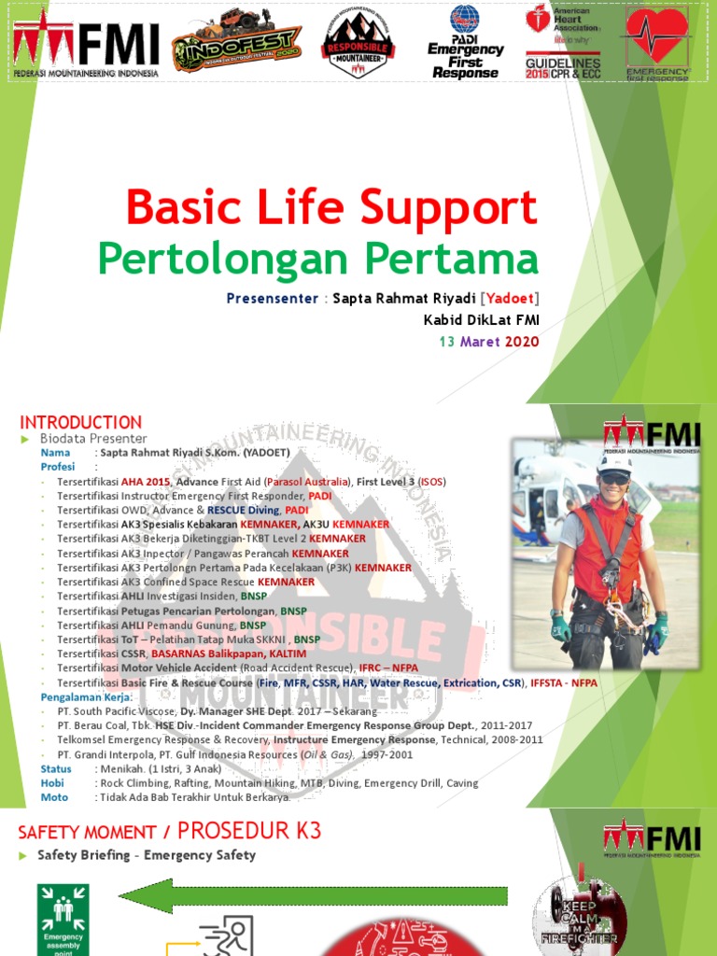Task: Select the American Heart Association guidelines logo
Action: pyautogui.click(x=563, y=42)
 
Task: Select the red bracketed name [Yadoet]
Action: pyautogui.click(x=510, y=299)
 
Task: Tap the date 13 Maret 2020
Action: pyautogui.click(x=489, y=342)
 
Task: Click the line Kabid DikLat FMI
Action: pyautogui.click(x=481, y=320)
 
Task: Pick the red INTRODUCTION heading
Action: pyautogui.click(x=81, y=422)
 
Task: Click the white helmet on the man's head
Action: pyautogui.click(x=613, y=462)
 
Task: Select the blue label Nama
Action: pyautogui.click(x=55, y=453)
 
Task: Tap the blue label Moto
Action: pyautogui.click(x=55, y=797)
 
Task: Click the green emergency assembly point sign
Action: pyautogui.click(x=63, y=919)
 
